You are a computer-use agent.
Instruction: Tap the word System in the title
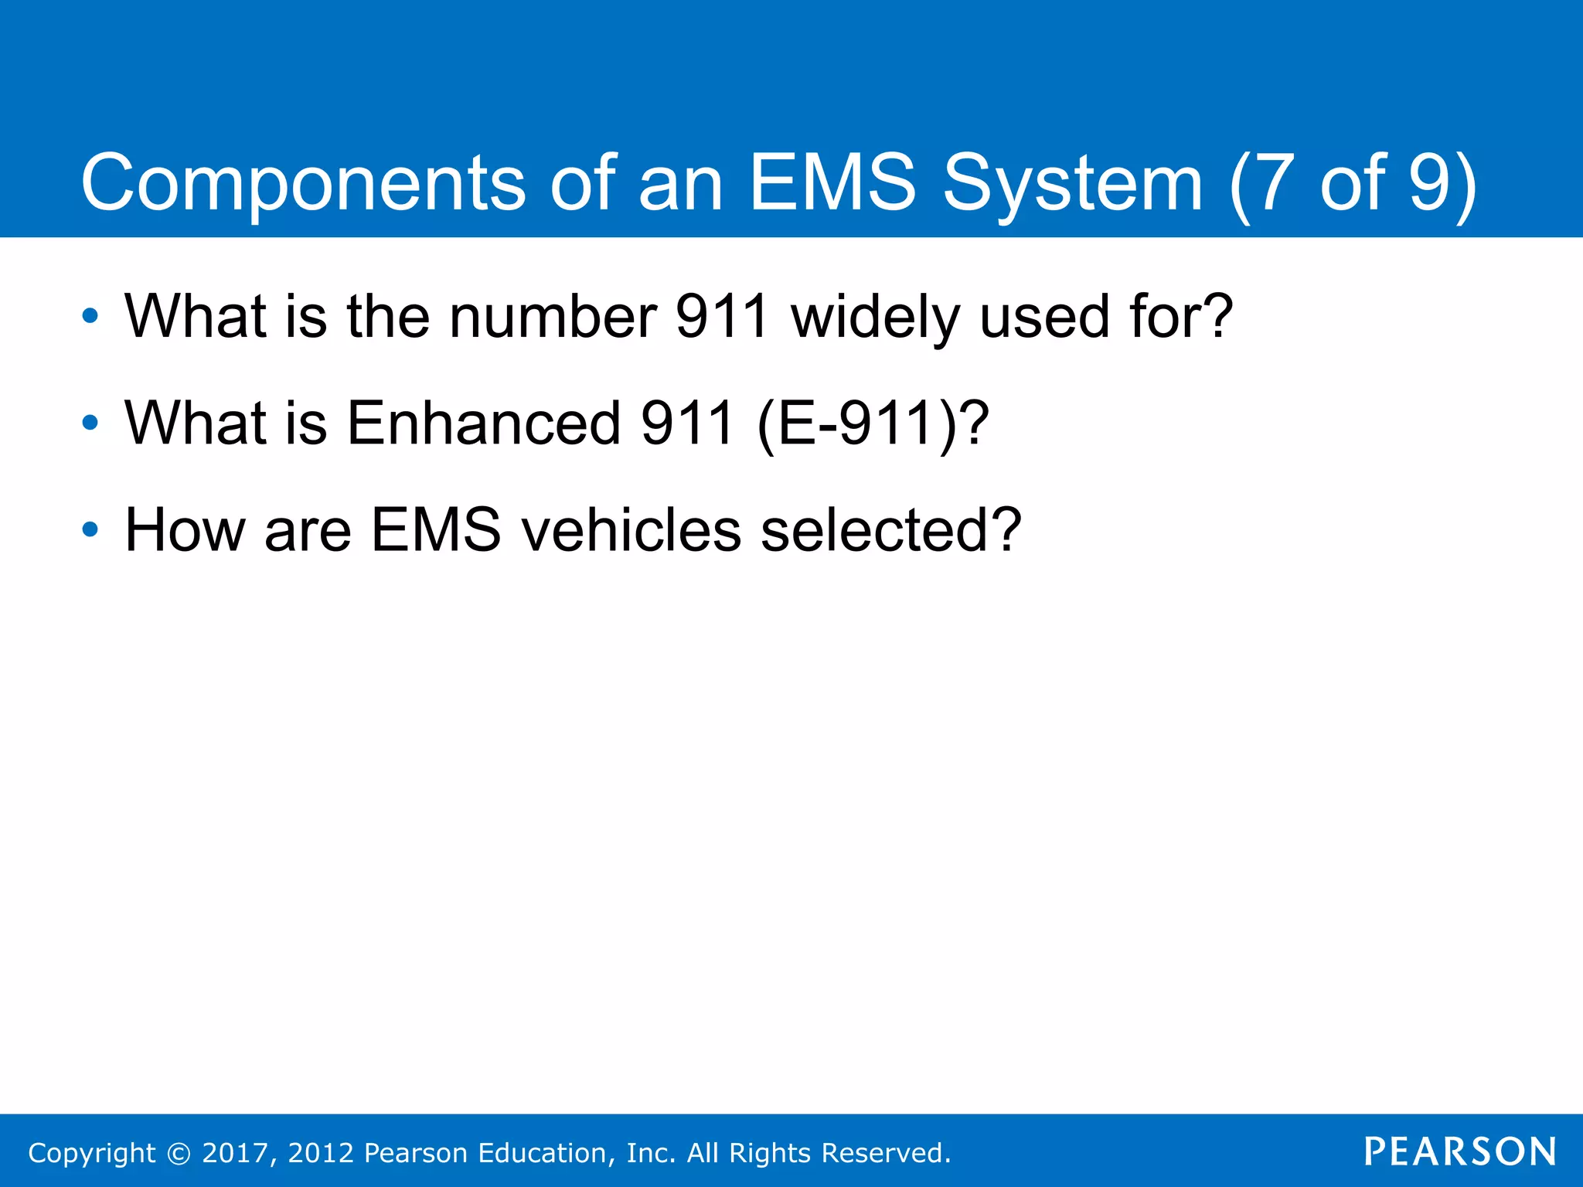(1073, 183)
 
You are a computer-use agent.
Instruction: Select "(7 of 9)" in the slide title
(1353, 183)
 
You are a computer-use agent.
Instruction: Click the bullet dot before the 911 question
(90, 316)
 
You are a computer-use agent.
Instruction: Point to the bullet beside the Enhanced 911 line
(90, 423)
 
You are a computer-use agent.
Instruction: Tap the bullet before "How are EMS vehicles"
(90, 529)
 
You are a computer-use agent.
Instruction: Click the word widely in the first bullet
(875, 316)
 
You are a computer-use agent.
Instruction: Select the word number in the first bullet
(553, 316)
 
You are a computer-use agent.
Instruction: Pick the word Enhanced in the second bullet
(484, 423)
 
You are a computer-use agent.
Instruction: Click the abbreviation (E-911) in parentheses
(858, 423)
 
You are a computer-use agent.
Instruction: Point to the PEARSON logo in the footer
(1460, 1151)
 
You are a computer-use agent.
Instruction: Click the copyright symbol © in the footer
(179, 1153)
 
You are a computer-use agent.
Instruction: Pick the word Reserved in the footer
(883, 1153)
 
